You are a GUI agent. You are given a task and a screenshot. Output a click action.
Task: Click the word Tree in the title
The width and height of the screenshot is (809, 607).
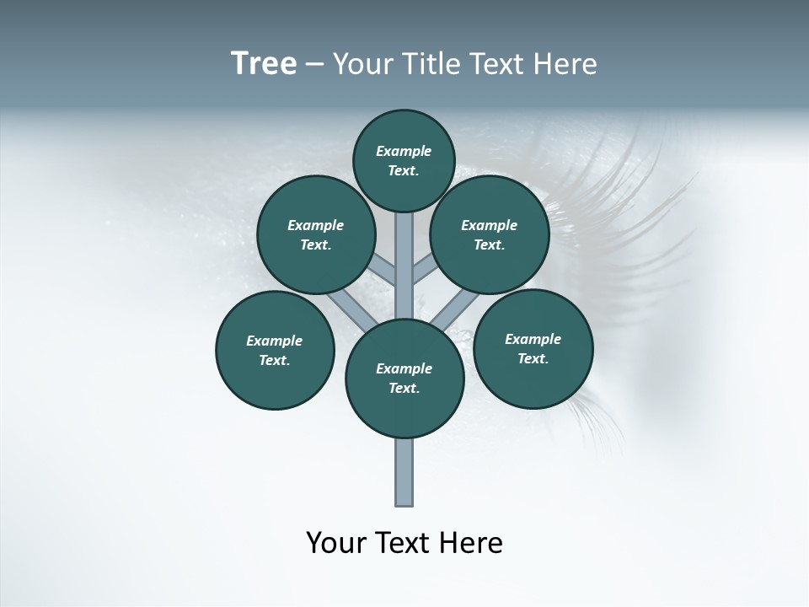pyautogui.click(x=264, y=64)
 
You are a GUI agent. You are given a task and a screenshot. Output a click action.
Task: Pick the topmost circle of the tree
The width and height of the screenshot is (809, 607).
pyautogui.click(x=404, y=160)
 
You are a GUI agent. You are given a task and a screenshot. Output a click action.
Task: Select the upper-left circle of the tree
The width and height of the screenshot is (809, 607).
pyautogui.click(x=315, y=235)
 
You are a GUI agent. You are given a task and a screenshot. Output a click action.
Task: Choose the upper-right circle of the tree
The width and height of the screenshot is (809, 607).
pyautogui.click(x=489, y=235)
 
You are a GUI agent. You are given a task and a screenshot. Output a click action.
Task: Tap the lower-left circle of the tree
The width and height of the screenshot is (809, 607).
pyautogui.click(x=275, y=351)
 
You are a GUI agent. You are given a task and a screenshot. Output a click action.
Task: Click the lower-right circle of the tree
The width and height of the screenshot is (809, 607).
pyautogui.click(x=533, y=349)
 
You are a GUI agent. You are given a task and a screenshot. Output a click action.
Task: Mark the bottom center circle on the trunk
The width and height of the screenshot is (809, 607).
pyautogui.click(x=404, y=379)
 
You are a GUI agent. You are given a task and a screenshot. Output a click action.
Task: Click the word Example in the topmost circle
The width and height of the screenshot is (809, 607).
pyautogui.click(x=404, y=151)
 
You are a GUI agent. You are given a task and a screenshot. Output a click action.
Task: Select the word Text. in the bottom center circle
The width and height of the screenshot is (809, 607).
pyautogui.click(x=404, y=389)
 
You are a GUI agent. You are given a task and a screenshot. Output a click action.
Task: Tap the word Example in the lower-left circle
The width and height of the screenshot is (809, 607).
pyautogui.click(x=275, y=341)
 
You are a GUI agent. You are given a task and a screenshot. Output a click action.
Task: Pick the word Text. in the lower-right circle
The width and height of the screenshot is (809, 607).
pyautogui.click(x=533, y=358)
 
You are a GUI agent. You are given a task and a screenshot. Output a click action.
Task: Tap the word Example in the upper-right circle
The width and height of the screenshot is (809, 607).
pyautogui.click(x=489, y=225)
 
